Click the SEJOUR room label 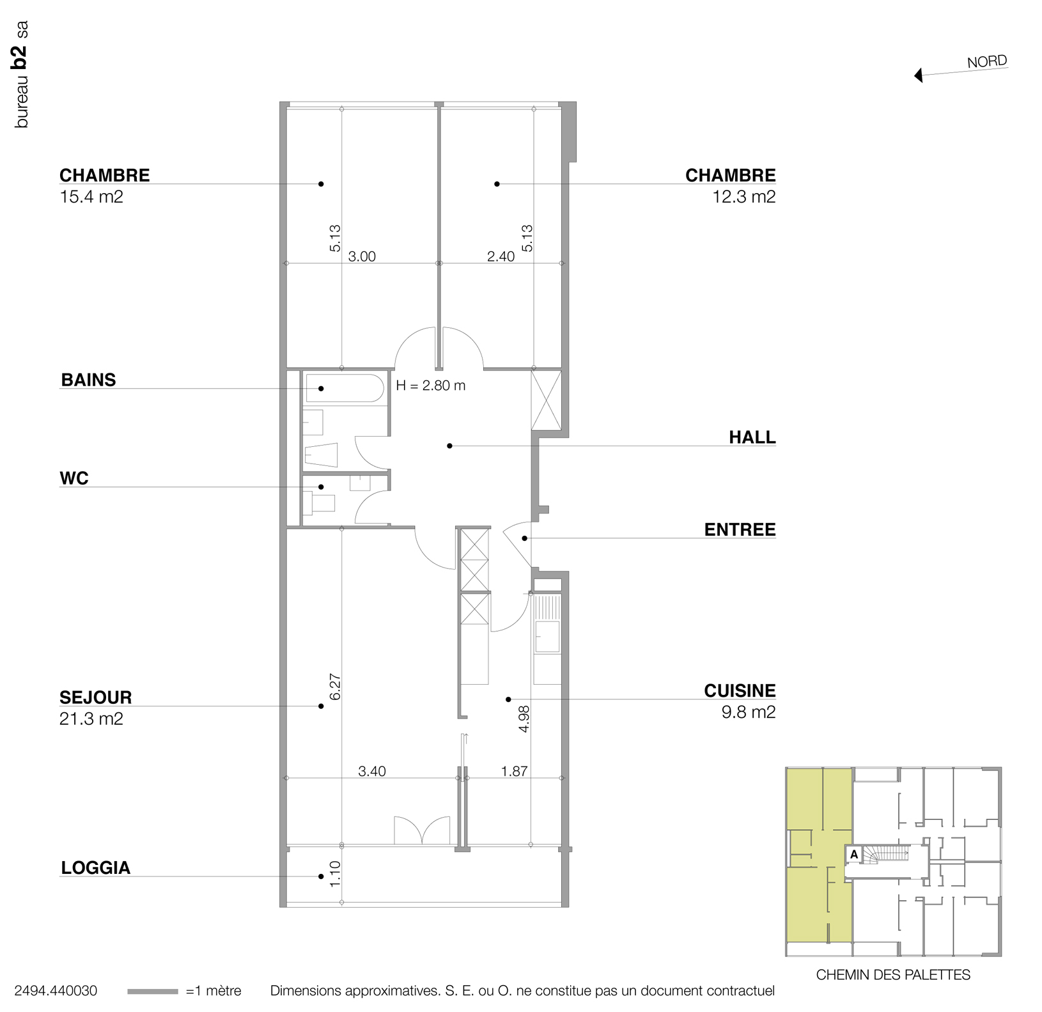[95, 697]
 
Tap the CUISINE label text [740, 690]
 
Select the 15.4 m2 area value [91, 197]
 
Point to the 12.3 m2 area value [744, 197]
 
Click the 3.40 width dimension [372, 771]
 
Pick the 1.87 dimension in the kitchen [514, 771]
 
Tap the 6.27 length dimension [335, 687]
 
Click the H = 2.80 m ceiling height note [431, 385]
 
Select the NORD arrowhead [919, 76]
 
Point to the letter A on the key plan [853, 854]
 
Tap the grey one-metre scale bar [152, 992]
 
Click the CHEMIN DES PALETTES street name [893, 975]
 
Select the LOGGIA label [96, 868]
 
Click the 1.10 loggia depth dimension [335, 874]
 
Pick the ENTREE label [740, 529]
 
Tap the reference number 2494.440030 [56, 991]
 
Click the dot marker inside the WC [321, 487]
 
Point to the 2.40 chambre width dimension [501, 256]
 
